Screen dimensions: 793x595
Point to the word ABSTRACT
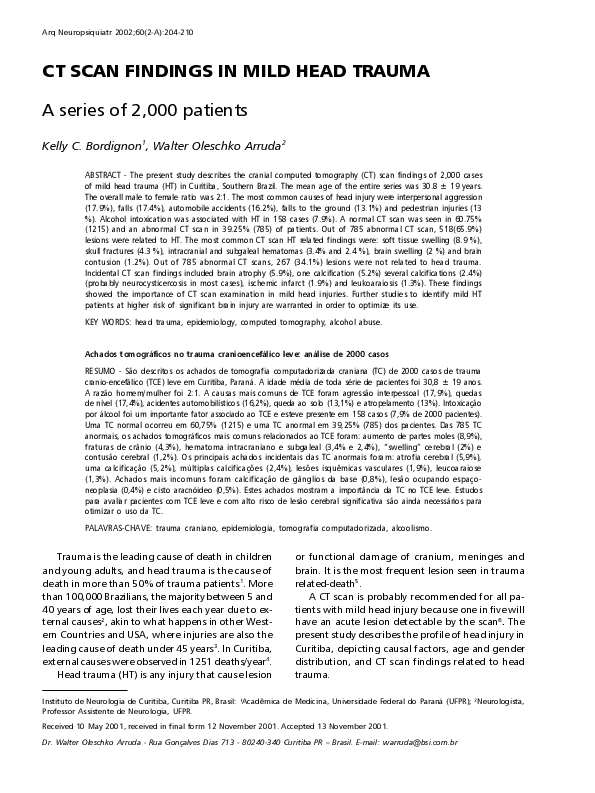click(106, 174)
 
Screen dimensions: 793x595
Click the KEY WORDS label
click(107, 321)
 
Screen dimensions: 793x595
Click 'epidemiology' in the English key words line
click(207, 321)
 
